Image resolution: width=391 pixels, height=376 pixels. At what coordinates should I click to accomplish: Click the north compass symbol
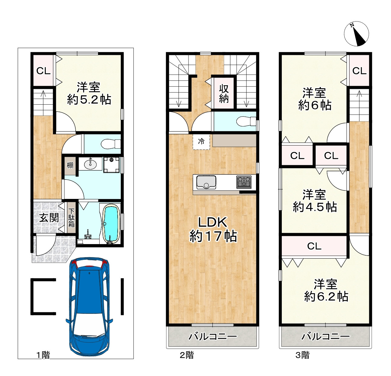356,34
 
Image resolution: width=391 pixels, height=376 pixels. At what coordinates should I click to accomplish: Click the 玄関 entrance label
49,218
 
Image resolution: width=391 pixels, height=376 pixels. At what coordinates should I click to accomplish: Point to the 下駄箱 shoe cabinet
71,218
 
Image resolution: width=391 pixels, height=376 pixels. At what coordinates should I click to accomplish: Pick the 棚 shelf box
70,166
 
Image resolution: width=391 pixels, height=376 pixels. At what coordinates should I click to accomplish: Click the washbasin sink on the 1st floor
90,164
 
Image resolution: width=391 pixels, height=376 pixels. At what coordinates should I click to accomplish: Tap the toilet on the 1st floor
110,144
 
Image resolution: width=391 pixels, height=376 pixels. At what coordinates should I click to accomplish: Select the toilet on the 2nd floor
246,122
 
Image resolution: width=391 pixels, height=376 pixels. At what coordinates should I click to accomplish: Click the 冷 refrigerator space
201,142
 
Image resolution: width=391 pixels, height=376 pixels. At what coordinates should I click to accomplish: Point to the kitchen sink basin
206,182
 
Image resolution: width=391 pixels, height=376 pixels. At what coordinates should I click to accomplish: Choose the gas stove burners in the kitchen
244,182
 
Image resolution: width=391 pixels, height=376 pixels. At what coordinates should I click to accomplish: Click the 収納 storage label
224,94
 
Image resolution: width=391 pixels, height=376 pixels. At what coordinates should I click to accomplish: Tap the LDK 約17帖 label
213,230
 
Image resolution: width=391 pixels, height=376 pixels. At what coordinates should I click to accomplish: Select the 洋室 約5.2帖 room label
89,93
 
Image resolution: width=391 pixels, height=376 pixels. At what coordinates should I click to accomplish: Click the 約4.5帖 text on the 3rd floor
315,207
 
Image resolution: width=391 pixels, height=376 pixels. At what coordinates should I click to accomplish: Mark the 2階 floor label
187,355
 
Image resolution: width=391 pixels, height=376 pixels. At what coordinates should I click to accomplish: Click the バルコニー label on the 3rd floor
326,336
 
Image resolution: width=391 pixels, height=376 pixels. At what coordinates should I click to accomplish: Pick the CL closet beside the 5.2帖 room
43,70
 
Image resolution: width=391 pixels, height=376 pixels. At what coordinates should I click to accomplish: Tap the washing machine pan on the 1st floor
111,165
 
